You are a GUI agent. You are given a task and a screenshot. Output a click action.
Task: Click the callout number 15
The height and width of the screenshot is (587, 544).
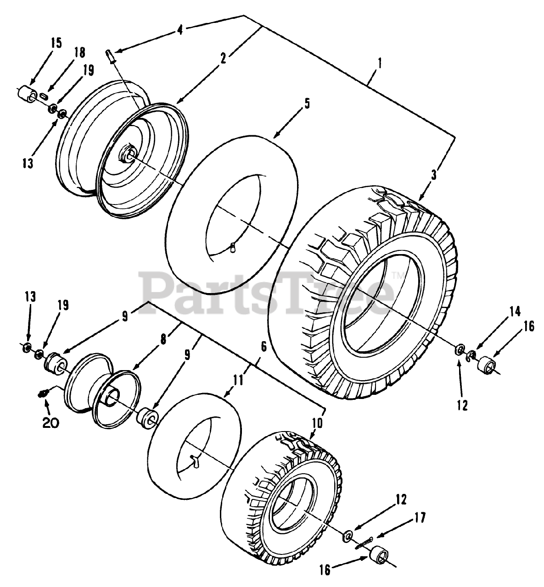[56, 43]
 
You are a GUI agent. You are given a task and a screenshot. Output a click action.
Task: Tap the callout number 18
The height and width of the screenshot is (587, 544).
[79, 53]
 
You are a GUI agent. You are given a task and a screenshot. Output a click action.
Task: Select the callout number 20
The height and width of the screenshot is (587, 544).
[50, 423]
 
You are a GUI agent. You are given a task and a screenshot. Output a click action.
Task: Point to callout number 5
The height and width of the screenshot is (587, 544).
[307, 105]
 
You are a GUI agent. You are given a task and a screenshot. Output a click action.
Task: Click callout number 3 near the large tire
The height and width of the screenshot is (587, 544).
[434, 175]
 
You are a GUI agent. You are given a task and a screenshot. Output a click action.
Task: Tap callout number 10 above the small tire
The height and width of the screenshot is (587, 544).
[317, 424]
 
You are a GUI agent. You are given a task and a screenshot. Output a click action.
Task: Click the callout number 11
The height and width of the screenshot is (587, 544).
[238, 380]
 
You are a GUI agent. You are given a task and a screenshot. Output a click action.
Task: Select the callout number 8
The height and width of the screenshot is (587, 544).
[163, 340]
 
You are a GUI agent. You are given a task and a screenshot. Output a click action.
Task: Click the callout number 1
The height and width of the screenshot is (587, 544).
[380, 63]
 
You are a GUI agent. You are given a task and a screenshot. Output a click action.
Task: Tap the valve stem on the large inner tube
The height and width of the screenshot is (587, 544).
[234, 239]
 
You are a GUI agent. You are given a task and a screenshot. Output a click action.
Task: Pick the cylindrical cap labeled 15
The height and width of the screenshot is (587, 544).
[27, 94]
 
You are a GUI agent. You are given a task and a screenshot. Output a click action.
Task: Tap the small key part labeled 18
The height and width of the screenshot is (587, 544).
[44, 96]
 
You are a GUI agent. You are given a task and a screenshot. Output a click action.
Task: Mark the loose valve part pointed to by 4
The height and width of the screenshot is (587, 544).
[110, 56]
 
